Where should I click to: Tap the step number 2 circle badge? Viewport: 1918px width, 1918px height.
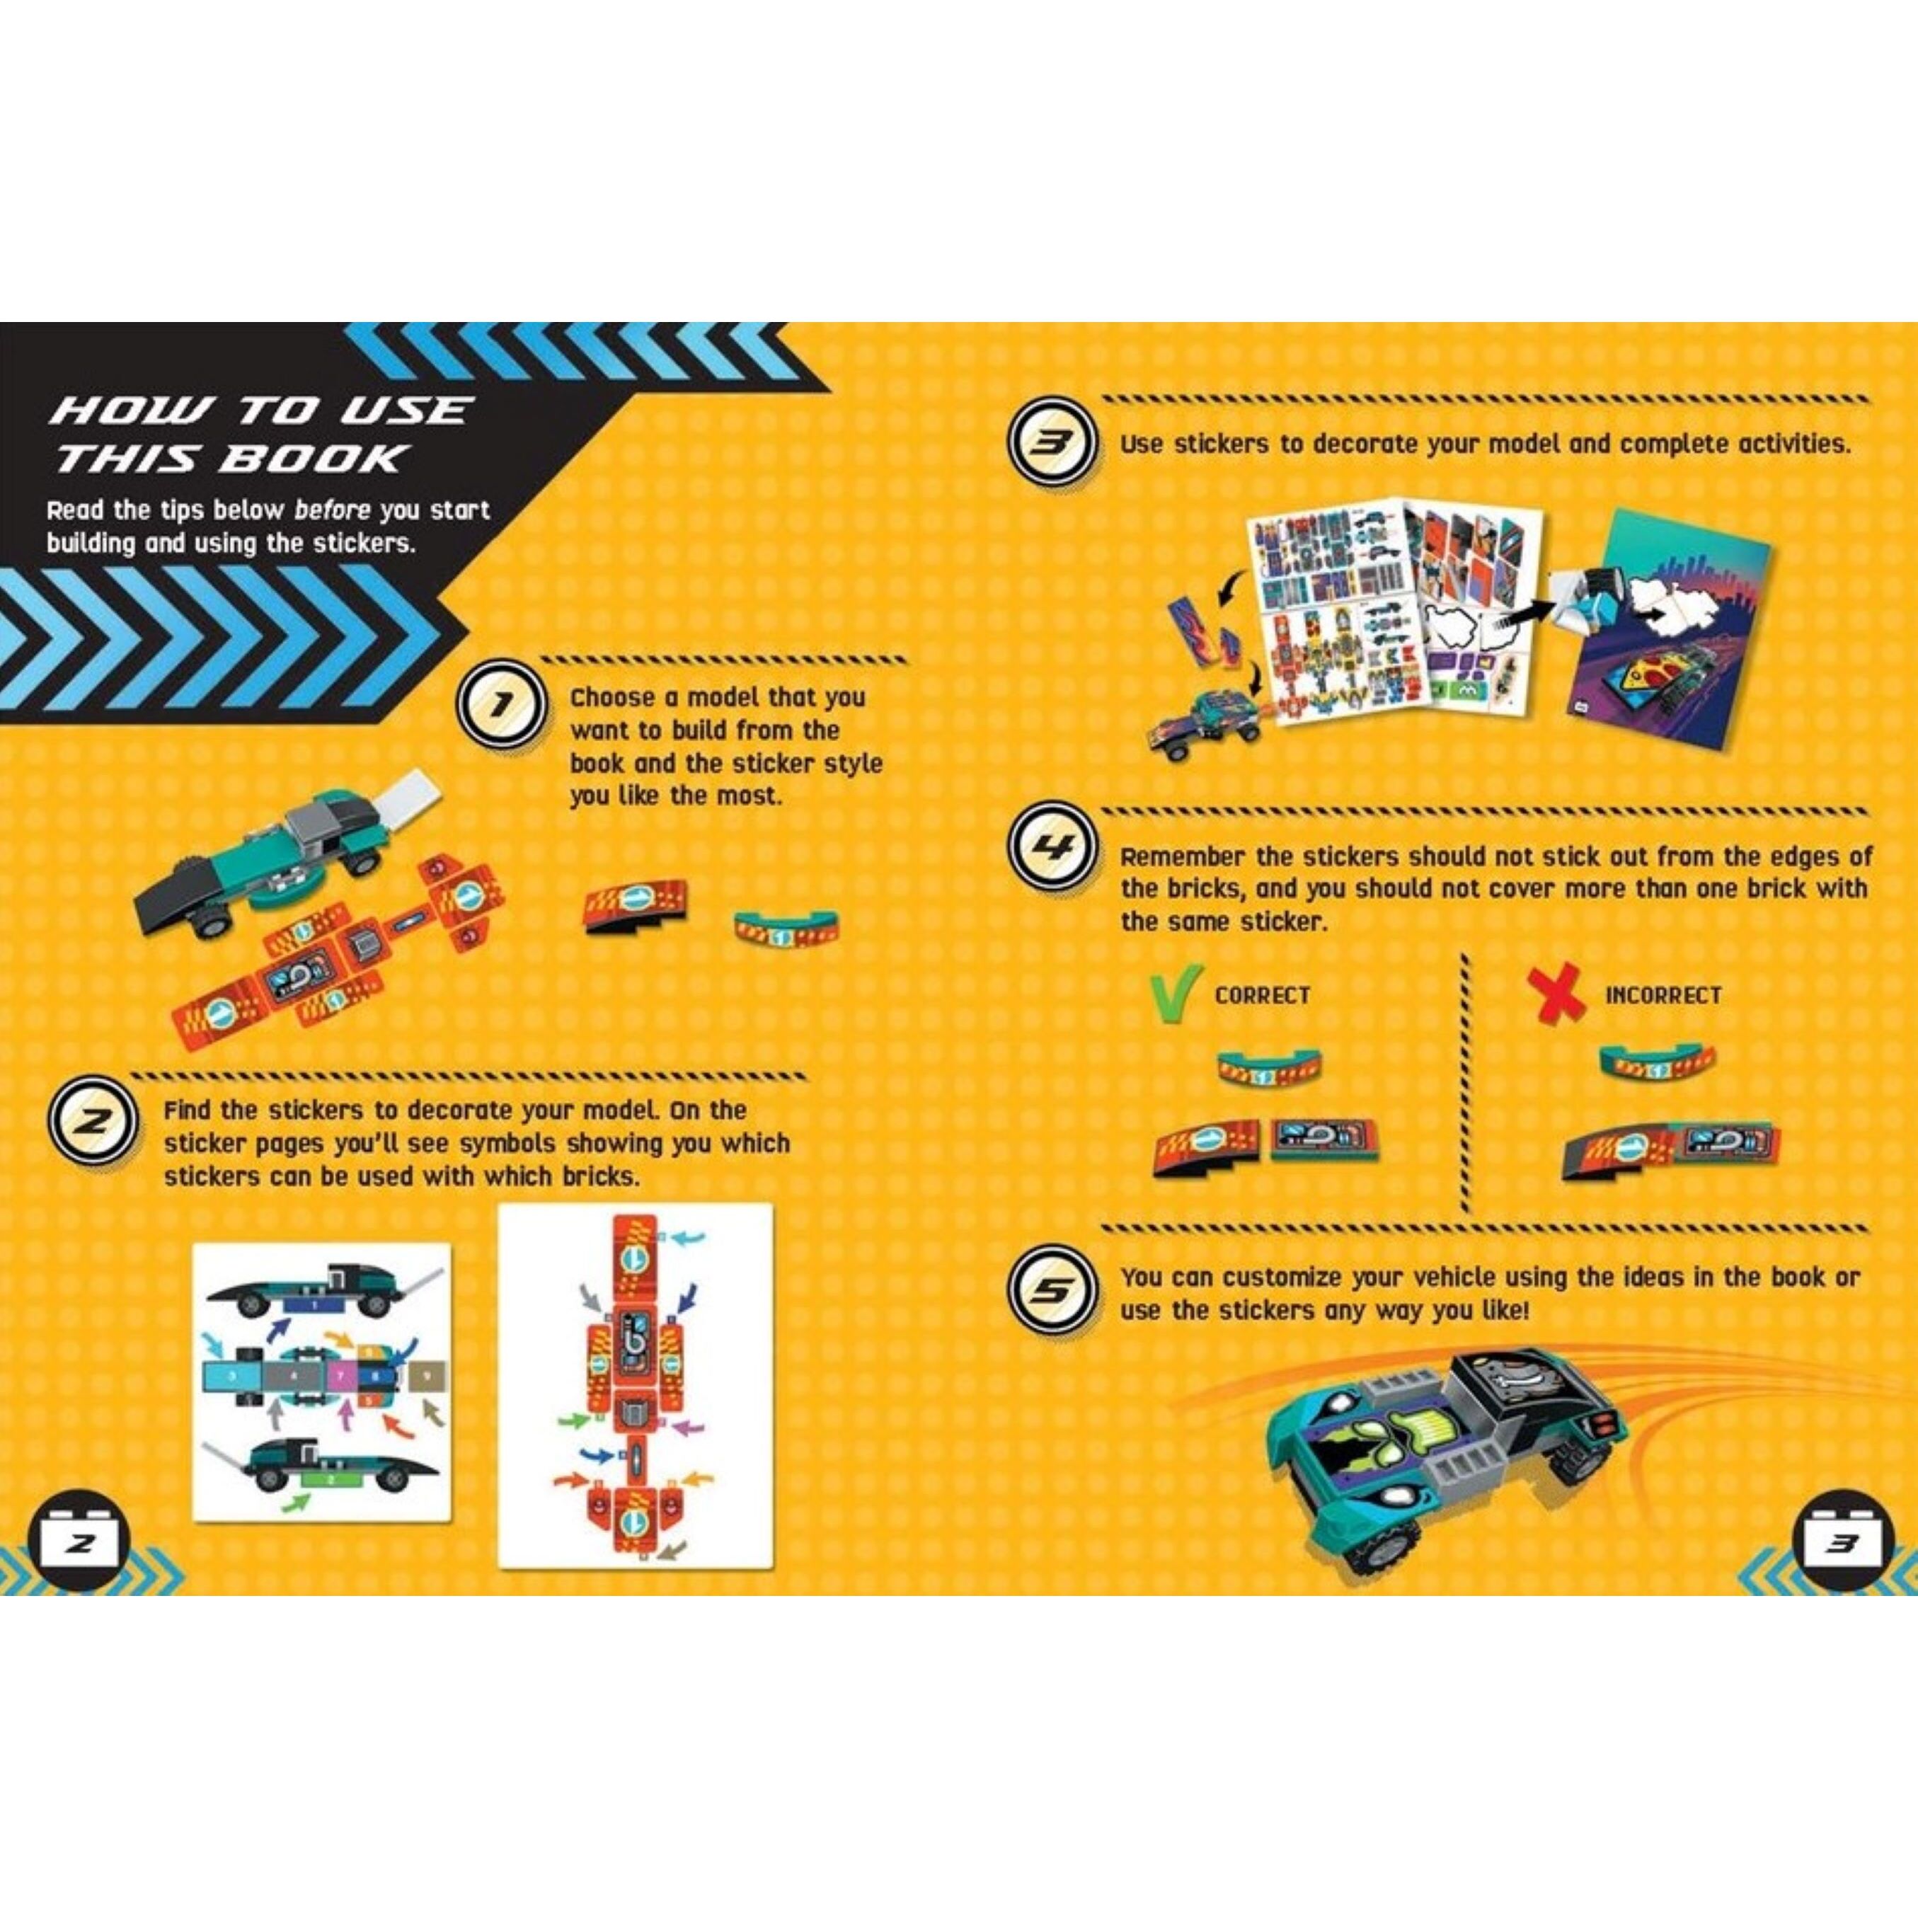tap(91, 1122)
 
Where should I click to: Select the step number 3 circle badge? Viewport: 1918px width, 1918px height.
tap(1051, 444)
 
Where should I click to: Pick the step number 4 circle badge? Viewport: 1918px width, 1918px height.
tap(1051, 849)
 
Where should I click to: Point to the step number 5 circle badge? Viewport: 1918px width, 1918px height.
tap(1051, 1290)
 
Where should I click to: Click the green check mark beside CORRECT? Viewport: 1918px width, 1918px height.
tap(1176, 993)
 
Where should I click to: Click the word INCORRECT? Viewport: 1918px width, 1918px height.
tap(1663, 994)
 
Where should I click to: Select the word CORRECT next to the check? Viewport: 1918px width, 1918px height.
tap(1262, 994)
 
